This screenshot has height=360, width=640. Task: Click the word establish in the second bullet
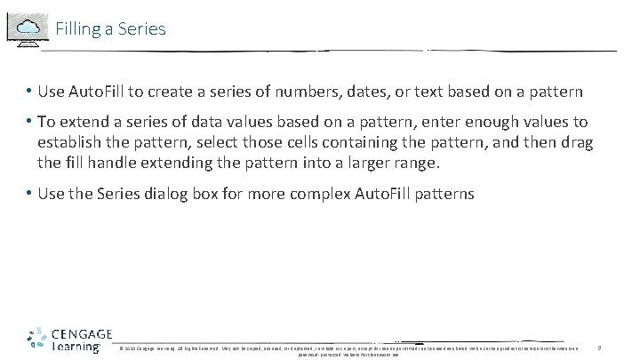tap(70, 142)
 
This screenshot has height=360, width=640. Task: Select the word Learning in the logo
tap(76, 347)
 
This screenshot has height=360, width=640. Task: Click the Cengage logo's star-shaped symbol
tap(37, 340)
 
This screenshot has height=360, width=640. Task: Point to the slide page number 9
tap(600, 346)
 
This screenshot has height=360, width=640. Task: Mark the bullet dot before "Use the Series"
tap(29, 193)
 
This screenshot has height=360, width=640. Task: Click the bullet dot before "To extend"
tap(29, 122)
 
